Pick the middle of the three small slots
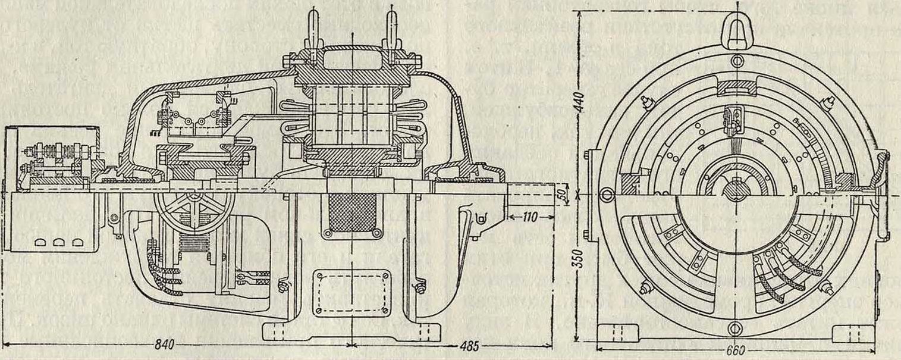pos(58,243)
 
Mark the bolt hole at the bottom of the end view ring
pos(737,325)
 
